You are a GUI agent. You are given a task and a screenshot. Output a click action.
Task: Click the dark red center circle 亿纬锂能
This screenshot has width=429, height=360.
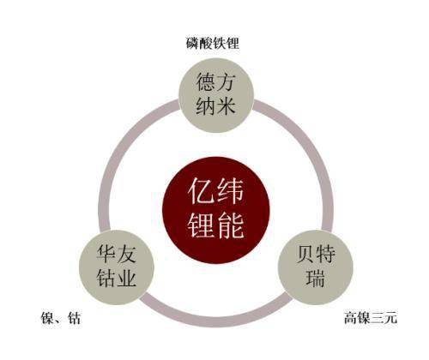coord(216,210)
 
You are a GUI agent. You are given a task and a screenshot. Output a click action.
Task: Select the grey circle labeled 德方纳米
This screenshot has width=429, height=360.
coord(216,95)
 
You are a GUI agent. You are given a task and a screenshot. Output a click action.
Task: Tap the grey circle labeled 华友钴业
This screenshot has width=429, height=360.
coord(117,267)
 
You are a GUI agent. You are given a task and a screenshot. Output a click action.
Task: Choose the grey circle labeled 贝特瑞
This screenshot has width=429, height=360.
coord(316,267)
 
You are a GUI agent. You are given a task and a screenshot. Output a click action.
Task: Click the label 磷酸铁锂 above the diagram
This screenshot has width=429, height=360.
coord(213,44)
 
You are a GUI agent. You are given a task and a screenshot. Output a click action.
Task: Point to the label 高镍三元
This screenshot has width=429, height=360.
coord(371,318)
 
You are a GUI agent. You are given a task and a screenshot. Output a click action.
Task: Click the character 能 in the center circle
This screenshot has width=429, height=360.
coord(231,225)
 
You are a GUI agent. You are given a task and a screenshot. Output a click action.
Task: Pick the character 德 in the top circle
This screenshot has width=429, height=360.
coord(206,82)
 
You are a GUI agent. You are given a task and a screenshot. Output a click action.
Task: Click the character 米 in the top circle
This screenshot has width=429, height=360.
coord(227,105)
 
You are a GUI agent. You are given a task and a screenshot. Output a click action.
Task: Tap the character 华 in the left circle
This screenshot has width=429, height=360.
coord(106,254)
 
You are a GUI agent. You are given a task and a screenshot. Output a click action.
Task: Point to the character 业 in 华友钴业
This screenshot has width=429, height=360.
coord(126,278)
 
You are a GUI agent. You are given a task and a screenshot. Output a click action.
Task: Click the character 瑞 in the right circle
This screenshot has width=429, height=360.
coord(316,278)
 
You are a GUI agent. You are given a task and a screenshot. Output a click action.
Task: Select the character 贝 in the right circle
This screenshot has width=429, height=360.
coord(305,254)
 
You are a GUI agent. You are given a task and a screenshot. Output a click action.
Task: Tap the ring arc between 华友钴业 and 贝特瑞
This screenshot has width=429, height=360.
coord(216,321)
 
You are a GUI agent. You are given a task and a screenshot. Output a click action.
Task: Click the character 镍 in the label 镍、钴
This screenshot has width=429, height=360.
coord(48,318)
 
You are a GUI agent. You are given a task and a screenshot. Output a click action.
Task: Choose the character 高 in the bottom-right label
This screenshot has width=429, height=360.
coord(350,318)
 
